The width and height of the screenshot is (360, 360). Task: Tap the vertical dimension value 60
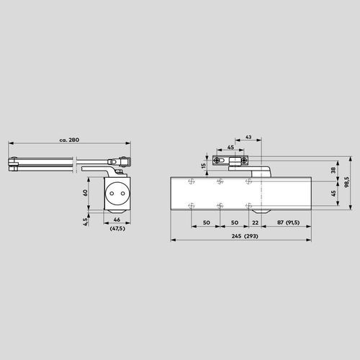[84, 192]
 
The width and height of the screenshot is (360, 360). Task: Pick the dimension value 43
[248, 137]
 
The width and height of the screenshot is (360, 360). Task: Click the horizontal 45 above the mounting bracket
[231, 148]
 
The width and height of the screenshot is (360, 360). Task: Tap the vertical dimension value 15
[204, 166]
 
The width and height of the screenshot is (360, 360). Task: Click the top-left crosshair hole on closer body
[191, 181]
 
